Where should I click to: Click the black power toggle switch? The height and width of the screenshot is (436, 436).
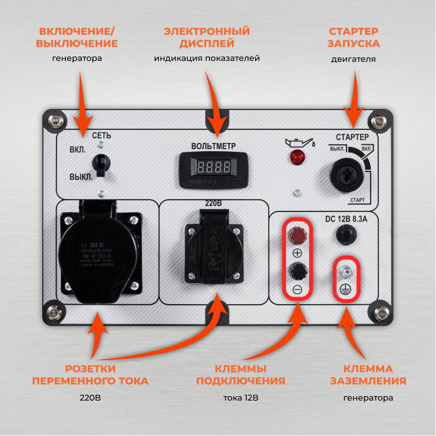click(x=100, y=164)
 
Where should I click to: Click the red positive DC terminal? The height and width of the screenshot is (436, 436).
click(x=297, y=234)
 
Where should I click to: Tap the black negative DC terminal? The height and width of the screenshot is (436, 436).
click(x=297, y=271)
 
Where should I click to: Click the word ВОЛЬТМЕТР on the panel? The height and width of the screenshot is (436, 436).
click(x=214, y=146)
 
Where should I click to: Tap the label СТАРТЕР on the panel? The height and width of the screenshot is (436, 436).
click(x=352, y=137)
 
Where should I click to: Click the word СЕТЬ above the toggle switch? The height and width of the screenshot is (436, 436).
click(x=101, y=135)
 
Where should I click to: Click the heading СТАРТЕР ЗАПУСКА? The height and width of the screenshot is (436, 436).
click(x=354, y=37)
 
